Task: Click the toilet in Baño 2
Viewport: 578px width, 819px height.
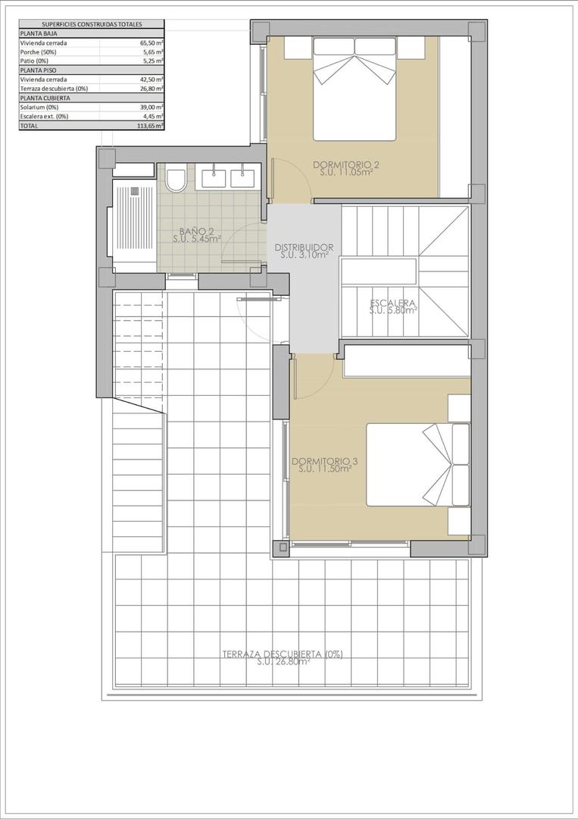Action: click(177, 180)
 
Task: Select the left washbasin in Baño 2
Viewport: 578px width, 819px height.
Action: click(215, 177)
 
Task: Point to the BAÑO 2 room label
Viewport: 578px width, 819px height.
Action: click(196, 231)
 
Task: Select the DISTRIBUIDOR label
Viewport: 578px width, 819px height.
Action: click(304, 247)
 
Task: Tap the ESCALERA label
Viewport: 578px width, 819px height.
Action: click(393, 302)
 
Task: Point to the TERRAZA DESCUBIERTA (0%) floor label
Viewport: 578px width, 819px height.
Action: click(283, 654)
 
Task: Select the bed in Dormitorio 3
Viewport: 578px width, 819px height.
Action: click(418, 464)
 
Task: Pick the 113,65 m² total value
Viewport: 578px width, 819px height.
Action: click(153, 126)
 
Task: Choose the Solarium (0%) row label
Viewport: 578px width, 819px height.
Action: click(38, 107)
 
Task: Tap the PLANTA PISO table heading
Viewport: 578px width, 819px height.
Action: click(37, 71)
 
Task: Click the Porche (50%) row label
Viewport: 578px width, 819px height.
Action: click(38, 52)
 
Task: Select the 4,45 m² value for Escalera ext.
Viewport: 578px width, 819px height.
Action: click(155, 117)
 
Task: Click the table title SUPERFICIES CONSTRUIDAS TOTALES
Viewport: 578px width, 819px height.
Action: click(91, 24)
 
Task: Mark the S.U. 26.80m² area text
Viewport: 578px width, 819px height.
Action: click(283, 662)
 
